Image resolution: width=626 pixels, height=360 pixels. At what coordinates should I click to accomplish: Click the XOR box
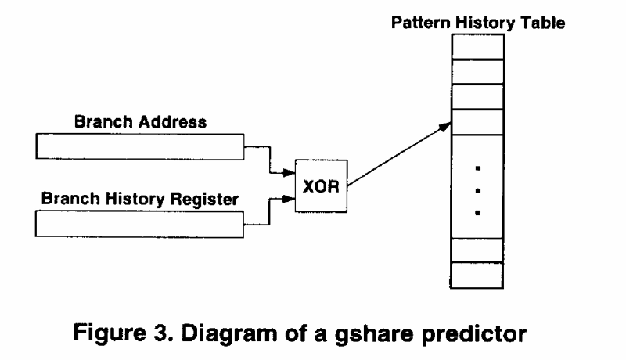[x=320, y=184]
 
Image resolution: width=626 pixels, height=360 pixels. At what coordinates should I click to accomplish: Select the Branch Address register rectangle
[x=139, y=146]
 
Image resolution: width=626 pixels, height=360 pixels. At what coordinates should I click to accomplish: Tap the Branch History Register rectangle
[x=139, y=223]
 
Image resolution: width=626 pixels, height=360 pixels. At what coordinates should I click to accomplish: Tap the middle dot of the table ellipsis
[x=478, y=189]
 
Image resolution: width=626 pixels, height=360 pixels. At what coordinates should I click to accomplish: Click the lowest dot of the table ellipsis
[x=478, y=212]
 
